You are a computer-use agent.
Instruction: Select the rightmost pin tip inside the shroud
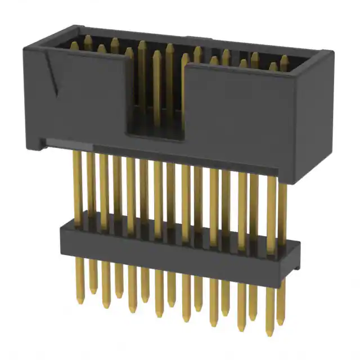[x=284, y=58]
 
